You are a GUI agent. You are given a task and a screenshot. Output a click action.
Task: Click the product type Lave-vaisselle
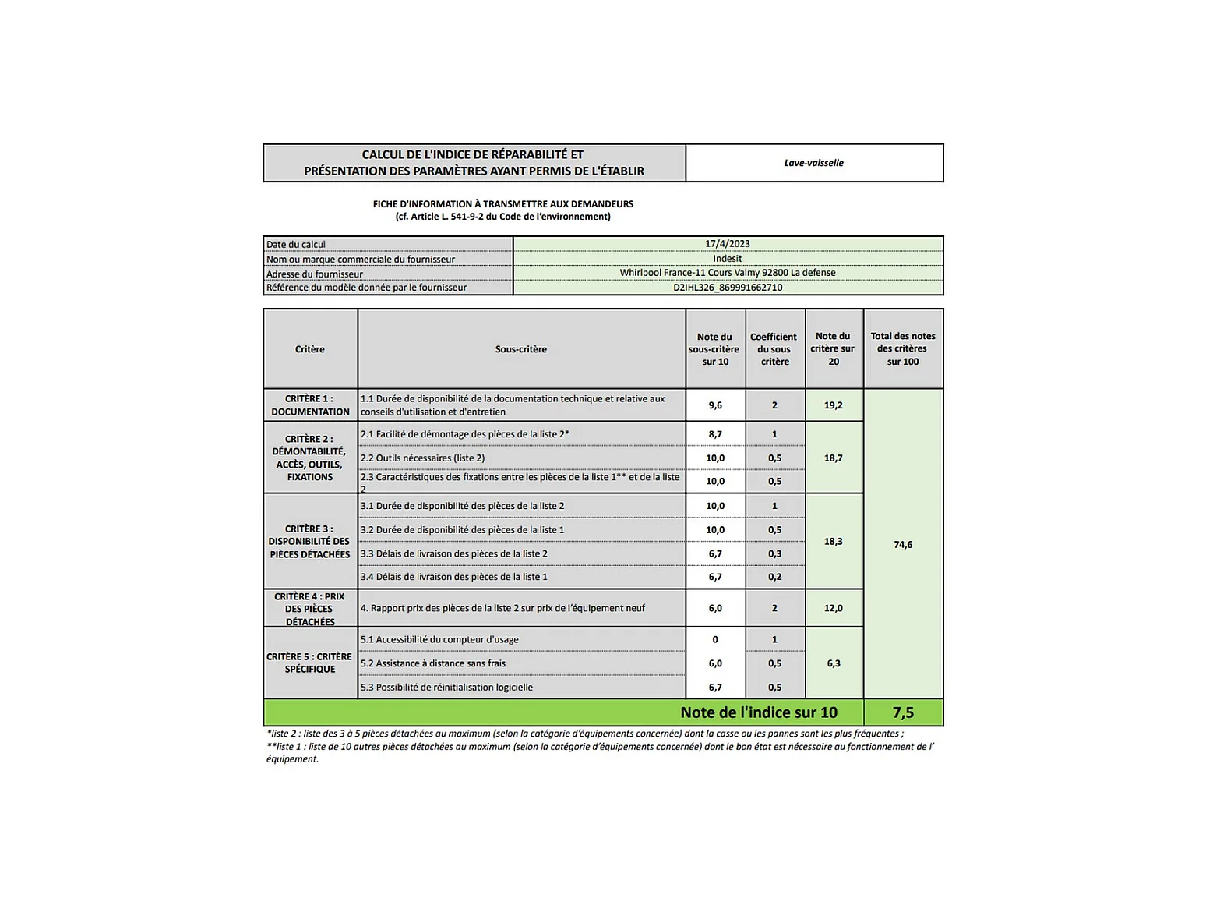point(813,163)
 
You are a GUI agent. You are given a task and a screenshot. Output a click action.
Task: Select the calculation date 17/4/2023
point(727,244)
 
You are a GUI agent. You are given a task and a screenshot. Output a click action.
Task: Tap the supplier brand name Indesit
point(727,259)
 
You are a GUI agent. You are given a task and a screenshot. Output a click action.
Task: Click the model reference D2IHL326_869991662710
point(727,288)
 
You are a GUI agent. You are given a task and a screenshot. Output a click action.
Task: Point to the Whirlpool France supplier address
point(727,273)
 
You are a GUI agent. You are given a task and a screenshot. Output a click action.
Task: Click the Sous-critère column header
point(520,349)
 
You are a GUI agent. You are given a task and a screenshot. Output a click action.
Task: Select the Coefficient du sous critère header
point(774,349)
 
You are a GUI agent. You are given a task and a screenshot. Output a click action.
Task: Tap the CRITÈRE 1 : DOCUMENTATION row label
point(310,405)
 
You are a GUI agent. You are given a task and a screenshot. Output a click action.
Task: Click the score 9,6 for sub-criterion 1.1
point(715,405)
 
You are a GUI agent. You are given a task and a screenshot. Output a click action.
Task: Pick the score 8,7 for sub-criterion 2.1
point(715,434)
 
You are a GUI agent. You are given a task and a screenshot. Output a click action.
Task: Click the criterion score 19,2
point(833,405)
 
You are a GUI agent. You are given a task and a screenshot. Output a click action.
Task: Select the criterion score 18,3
point(833,541)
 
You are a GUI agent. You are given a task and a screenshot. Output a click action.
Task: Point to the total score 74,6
point(903,545)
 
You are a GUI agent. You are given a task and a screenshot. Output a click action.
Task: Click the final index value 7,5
point(903,712)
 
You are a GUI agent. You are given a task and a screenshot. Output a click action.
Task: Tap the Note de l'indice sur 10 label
point(758,712)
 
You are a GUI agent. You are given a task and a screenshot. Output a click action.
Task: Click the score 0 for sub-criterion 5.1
point(715,640)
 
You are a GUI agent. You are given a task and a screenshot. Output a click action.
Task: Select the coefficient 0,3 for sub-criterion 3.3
point(774,554)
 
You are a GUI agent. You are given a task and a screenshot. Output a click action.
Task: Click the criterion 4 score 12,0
point(833,608)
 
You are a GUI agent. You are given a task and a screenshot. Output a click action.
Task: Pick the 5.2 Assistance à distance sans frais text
point(433,664)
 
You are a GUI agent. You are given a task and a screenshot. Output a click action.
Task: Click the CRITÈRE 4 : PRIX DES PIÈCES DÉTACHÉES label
point(310,609)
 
